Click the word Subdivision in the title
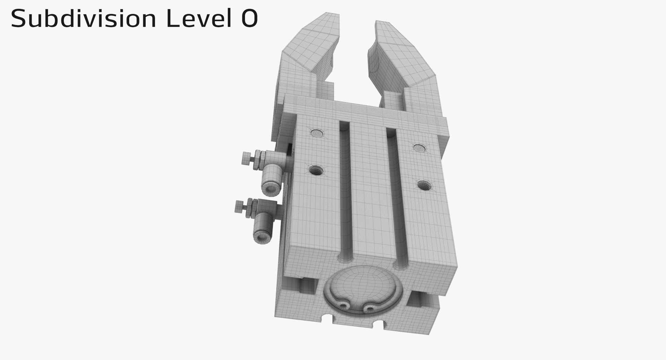(x=83, y=19)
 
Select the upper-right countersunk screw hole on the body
(x=419, y=148)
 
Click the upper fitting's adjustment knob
(x=246, y=159)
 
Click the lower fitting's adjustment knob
(x=239, y=207)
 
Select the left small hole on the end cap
(x=344, y=305)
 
